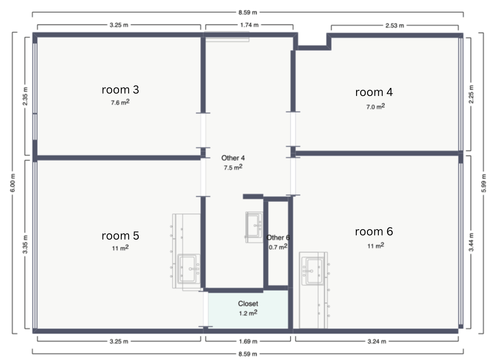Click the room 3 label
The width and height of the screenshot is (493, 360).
(x=120, y=90)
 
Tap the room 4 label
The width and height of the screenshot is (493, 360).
(x=374, y=92)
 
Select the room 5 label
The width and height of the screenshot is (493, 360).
(x=120, y=236)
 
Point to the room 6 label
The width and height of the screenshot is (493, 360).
(x=374, y=231)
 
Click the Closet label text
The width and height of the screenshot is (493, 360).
(x=248, y=304)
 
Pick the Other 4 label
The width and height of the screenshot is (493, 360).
(x=233, y=158)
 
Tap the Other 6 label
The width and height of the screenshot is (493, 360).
(x=278, y=237)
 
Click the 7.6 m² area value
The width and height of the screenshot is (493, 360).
(x=120, y=102)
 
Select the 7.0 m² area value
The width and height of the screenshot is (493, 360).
(x=376, y=106)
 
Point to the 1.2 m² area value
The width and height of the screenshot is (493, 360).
(x=248, y=313)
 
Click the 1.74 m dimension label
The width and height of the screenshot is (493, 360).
(x=249, y=25)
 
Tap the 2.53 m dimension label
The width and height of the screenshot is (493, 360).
(x=395, y=26)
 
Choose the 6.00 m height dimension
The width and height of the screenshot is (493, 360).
(x=13, y=183)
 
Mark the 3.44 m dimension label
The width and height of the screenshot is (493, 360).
(x=471, y=242)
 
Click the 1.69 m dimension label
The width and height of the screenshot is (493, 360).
(x=248, y=341)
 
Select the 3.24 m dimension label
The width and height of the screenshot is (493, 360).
(x=377, y=341)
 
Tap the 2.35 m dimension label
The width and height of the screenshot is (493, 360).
(x=25, y=96)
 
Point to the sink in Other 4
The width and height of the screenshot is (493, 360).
(x=254, y=227)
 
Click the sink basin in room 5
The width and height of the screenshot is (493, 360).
(x=189, y=269)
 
